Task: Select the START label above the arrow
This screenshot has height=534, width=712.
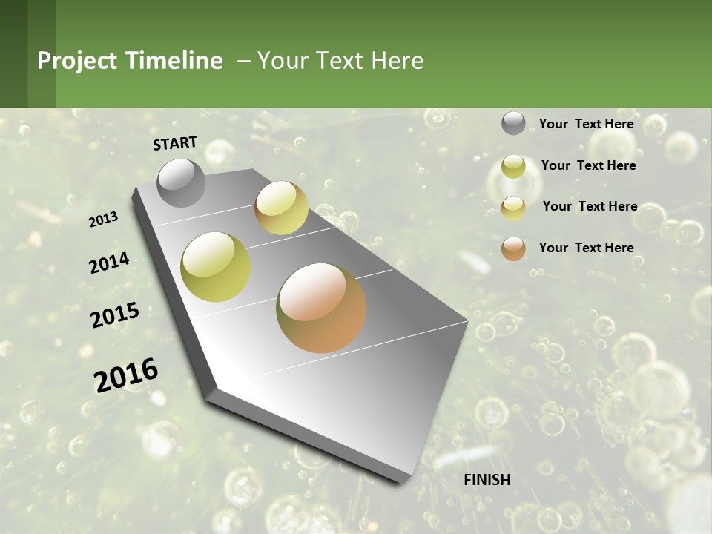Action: click(175, 143)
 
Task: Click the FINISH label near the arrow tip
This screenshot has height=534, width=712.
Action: click(487, 480)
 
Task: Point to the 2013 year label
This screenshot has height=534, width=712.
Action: click(103, 219)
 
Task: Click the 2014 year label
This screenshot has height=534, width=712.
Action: click(109, 263)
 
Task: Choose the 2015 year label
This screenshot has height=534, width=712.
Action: click(115, 315)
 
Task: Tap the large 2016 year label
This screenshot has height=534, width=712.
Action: click(126, 375)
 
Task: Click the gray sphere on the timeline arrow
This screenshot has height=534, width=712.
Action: click(181, 182)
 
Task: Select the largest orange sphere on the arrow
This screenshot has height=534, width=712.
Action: click(321, 308)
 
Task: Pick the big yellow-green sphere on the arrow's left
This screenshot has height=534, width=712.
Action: click(216, 267)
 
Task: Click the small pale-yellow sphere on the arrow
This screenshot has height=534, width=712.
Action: click(281, 208)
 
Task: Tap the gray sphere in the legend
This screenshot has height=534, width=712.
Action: click(513, 124)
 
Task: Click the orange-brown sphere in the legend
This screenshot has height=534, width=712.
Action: click(513, 248)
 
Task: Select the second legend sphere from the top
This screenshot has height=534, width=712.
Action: click(513, 166)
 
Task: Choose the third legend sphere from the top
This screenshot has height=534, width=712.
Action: click(513, 207)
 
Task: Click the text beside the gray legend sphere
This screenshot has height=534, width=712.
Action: click(586, 124)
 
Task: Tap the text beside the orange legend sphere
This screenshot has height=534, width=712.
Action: click(586, 248)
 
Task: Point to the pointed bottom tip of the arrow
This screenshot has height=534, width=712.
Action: click(404, 478)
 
